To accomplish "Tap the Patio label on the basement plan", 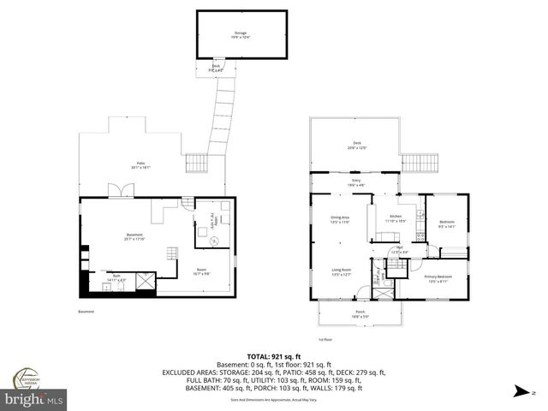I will pyautogui.click(x=139, y=165).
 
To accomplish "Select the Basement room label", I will pyautogui.click(x=134, y=236).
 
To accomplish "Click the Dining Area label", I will pyautogui.click(x=341, y=219).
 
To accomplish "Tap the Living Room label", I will pyautogui.click(x=342, y=272).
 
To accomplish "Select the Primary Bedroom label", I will pyautogui.click(x=438, y=277).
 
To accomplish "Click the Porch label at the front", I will pyautogui.click(x=360, y=313).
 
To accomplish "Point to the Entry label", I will pyautogui.click(x=355, y=182).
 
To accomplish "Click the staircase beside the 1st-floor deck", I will pyautogui.click(x=420, y=162).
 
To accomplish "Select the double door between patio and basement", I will pyautogui.click(x=115, y=193).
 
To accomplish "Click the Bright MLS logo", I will pyautogui.click(x=34, y=399).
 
